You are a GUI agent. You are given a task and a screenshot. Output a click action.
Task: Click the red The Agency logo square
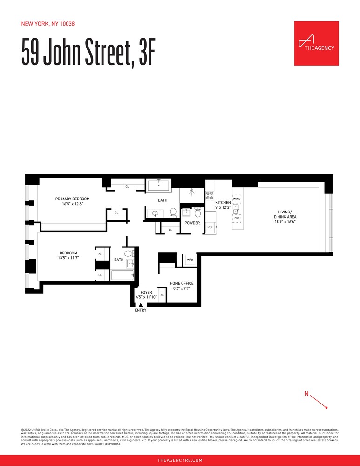click(316, 43)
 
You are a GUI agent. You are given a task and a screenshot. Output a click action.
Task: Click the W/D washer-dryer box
click(190, 260)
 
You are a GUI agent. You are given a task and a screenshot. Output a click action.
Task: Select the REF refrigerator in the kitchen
click(210, 227)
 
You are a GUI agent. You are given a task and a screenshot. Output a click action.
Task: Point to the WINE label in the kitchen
click(237, 199)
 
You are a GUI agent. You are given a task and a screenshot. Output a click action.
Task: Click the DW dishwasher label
click(237, 218)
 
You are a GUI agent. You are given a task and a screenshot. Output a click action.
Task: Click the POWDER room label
click(192, 223)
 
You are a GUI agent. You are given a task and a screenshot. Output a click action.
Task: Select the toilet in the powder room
click(197, 213)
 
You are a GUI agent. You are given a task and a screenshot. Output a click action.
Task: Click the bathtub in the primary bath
click(160, 185)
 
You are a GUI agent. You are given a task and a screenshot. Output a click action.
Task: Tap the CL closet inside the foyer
click(162, 295)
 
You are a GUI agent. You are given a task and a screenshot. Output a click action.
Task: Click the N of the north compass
click(306, 394)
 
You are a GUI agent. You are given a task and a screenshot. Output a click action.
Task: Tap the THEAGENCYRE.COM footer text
click(180, 460)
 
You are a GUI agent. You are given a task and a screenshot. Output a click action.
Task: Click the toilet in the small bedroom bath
click(129, 254)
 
